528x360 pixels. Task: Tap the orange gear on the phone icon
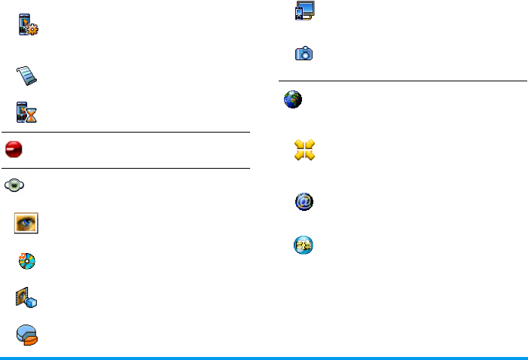click(32, 32)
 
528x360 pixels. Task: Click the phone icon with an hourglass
click(27, 111)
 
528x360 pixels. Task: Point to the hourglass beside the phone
click(32, 115)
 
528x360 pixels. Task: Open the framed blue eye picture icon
click(27, 223)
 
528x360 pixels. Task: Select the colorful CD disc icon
click(27, 261)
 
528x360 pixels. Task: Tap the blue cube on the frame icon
click(32, 302)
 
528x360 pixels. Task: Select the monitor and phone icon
click(304, 14)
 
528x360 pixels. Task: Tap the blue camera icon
click(304, 53)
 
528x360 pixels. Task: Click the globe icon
click(292, 100)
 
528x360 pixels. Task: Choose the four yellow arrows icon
click(304, 150)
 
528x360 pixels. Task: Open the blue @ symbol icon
click(304, 201)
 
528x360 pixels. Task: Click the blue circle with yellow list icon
click(304, 246)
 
